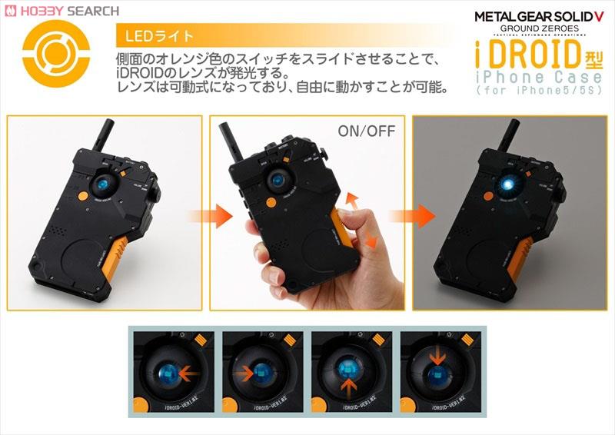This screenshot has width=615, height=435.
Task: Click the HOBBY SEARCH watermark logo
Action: (62, 11)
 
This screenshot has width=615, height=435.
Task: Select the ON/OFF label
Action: (366, 131)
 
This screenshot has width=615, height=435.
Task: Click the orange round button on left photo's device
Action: (81, 196)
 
